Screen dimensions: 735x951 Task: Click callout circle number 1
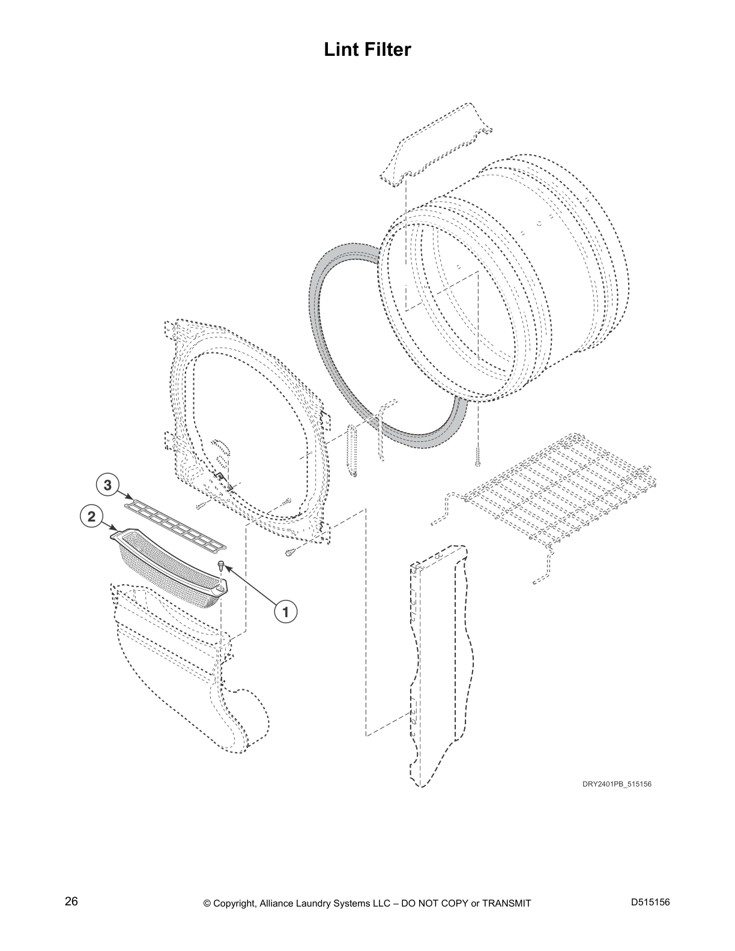285,611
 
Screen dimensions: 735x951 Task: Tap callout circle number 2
91,517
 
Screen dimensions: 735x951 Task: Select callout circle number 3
107,485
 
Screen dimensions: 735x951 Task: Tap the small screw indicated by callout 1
221,565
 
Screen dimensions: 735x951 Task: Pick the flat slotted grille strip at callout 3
175,525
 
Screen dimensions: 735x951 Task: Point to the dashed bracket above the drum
435,145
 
